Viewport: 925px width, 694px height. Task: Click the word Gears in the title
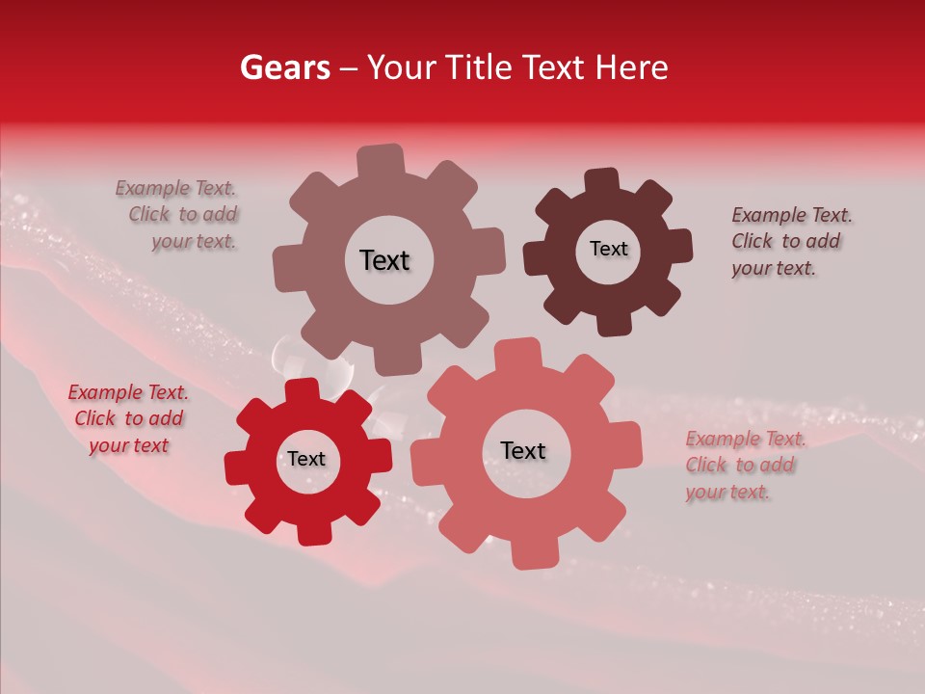tap(284, 67)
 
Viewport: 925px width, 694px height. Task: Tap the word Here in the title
tap(632, 67)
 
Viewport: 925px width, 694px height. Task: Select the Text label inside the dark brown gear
tap(608, 249)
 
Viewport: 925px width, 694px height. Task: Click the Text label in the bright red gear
tap(306, 459)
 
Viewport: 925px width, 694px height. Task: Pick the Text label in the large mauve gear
tap(384, 260)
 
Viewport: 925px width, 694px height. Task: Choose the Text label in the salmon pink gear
tap(523, 450)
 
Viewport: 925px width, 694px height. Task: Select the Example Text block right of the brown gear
tap(789, 241)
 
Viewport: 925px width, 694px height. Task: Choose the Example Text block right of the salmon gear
tap(744, 465)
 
